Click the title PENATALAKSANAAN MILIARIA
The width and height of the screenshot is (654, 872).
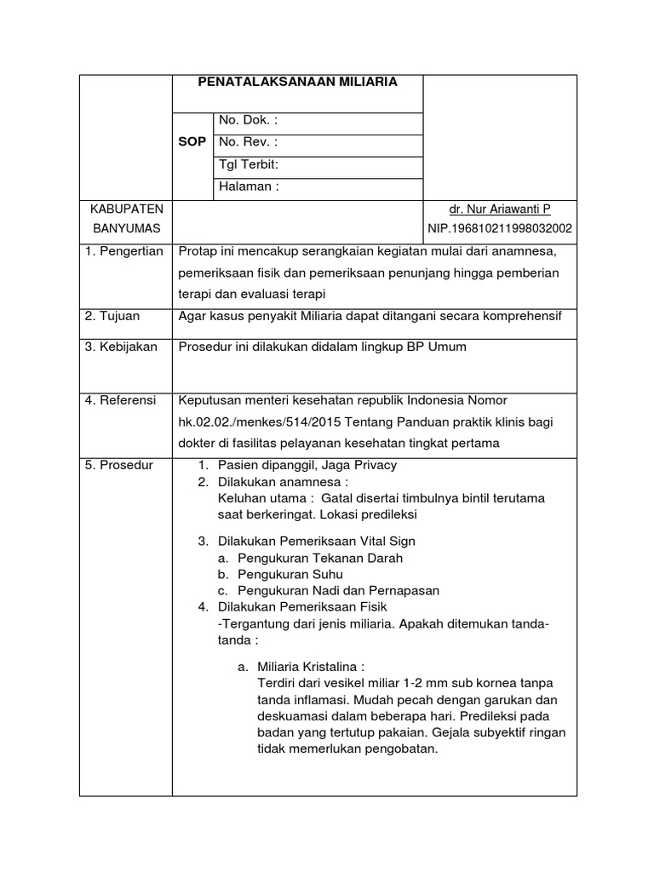pyautogui.click(x=297, y=82)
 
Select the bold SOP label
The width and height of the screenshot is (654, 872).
pyautogui.click(x=192, y=142)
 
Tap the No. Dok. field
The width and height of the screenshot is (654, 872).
pyautogui.click(x=249, y=120)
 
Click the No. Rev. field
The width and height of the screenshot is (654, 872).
pyautogui.click(x=248, y=142)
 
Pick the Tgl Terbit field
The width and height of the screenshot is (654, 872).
pyautogui.click(x=250, y=164)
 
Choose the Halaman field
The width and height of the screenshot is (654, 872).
pyautogui.click(x=249, y=186)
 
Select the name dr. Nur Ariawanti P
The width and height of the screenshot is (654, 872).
pyautogui.click(x=499, y=209)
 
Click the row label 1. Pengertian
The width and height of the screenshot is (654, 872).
pyautogui.click(x=125, y=251)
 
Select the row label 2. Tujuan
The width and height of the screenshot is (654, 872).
pyautogui.click(x=112, y=316)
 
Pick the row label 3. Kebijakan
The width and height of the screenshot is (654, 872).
pyautogui.click(x=121, y=347)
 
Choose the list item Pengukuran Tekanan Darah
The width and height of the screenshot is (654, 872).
pyautogui.click(x=320, y=558)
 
